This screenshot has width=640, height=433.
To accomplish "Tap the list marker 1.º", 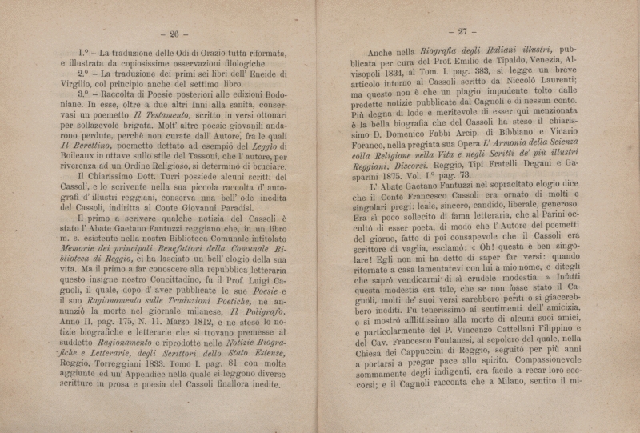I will tap(79, 58).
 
